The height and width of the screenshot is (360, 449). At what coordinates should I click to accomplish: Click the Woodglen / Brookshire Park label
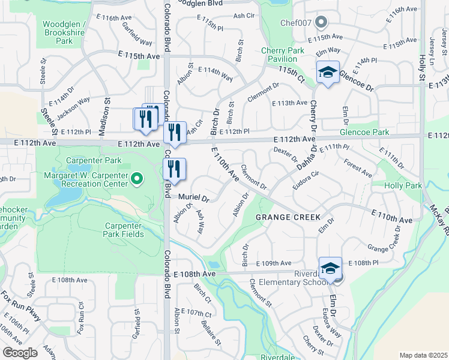65,32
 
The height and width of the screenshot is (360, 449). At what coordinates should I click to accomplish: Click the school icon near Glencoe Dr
328,73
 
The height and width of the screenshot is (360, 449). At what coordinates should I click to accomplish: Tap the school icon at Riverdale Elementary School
330,268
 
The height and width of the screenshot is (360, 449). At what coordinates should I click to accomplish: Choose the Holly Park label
405,186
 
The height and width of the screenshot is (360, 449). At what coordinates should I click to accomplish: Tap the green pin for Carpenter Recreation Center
137,178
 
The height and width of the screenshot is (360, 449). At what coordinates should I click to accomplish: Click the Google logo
20,352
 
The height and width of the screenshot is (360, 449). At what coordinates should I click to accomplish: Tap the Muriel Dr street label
193,197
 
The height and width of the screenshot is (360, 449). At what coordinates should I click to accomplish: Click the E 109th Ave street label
273,263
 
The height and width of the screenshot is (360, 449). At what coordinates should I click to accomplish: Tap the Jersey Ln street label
433,44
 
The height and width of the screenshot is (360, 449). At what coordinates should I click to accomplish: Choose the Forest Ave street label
358,167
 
